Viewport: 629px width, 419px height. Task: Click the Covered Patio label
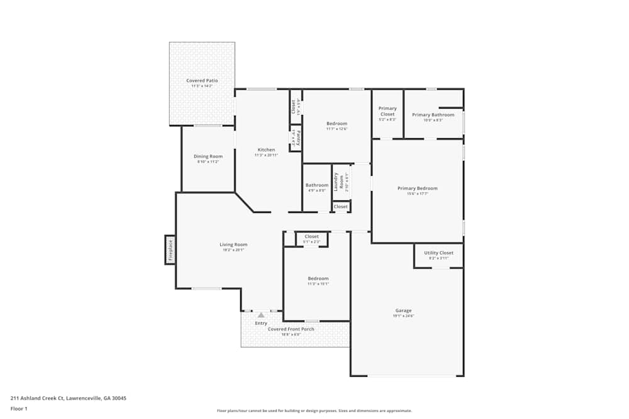click(202, 81)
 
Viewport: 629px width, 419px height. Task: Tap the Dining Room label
click(208, 156)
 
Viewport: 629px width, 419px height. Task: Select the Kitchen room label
click(266, 150)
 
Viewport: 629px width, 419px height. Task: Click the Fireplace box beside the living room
click(170, 249)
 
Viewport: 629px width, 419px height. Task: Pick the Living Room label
click(233, 245)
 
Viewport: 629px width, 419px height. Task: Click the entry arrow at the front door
click(261, 315)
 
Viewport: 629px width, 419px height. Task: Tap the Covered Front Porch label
click(291, 329)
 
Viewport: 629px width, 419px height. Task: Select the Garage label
click(403, 311)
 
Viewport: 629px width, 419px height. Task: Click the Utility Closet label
click(438, 253)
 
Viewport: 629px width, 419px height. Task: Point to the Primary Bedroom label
click(417, 188)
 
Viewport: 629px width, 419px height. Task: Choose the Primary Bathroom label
click(433, 115)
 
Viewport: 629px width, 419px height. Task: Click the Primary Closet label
click(387, 111)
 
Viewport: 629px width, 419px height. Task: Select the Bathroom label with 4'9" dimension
click(316, 185)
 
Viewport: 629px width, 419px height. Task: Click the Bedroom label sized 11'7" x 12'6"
click(337, 124)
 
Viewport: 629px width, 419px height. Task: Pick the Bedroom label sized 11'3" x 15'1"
click(318, 279)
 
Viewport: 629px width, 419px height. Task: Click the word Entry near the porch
click(261, 324)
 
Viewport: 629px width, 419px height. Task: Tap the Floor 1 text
click(19, 408)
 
